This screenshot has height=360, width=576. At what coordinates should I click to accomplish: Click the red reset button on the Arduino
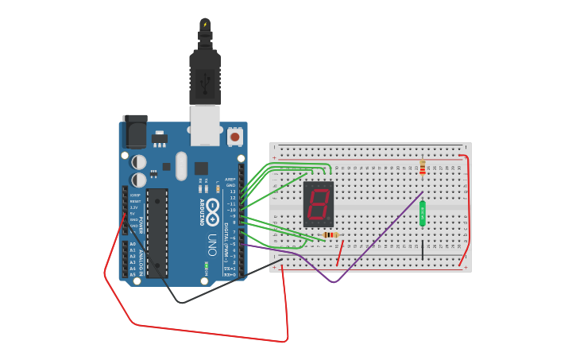point(234,137)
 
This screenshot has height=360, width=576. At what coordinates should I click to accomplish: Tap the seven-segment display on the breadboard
point(318,204)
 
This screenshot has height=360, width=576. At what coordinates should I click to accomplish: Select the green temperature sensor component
point(423,213)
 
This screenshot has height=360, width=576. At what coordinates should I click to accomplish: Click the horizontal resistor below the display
point(331,235)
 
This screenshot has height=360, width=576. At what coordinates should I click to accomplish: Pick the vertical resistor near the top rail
point(422,167)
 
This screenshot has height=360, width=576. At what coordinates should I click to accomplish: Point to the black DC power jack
point(135,131)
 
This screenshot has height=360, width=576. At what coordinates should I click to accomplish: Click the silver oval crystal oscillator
point(181,165)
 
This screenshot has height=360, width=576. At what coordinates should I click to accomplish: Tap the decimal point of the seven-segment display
point(328,219)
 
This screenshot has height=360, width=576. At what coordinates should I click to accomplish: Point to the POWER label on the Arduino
point(141,224)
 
